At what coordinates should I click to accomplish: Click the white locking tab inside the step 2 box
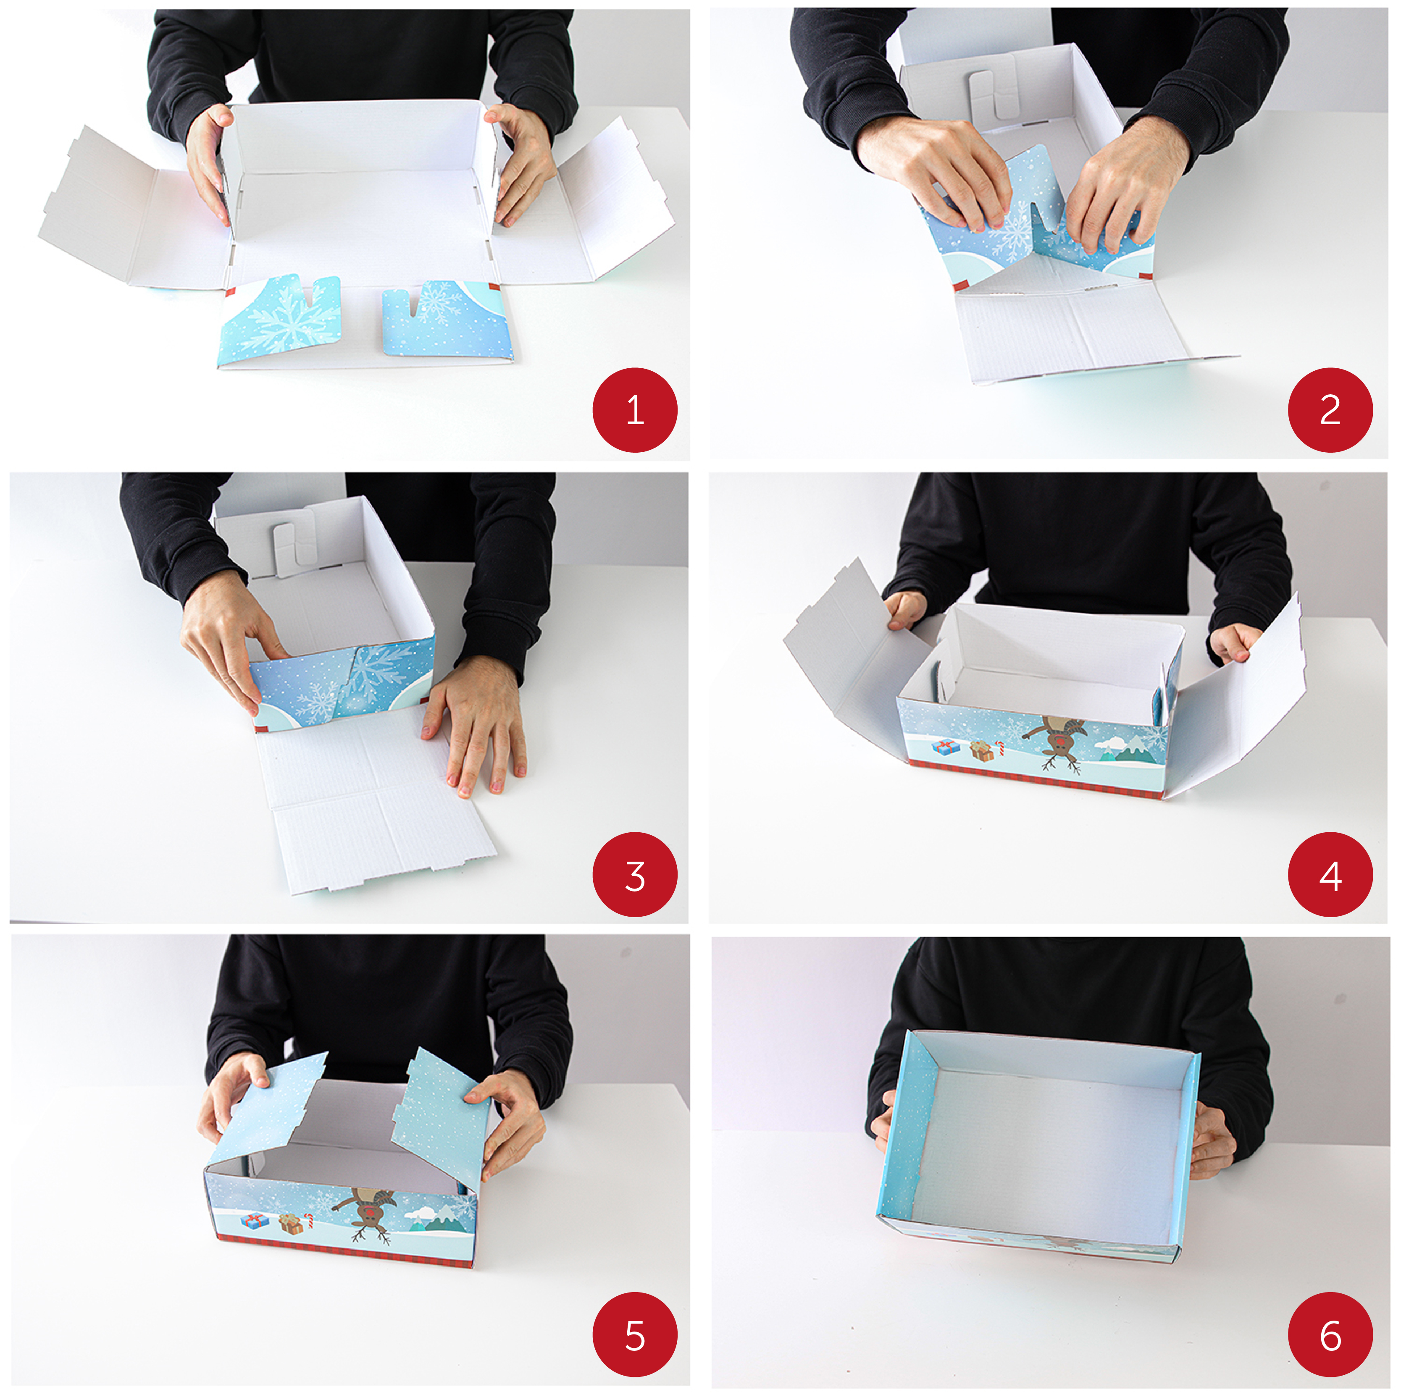coord(991,94)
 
